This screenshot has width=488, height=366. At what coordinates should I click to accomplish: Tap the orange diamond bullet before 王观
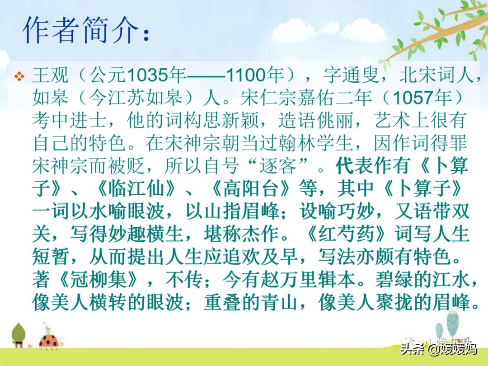19,76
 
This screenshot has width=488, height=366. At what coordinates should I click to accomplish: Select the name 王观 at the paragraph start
50,75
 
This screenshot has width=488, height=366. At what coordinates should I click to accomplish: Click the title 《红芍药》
346,234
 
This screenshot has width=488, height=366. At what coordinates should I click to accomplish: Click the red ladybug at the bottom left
48,341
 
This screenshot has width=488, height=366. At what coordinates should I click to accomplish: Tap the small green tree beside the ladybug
19,335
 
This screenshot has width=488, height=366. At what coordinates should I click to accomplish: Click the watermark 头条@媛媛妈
438,348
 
